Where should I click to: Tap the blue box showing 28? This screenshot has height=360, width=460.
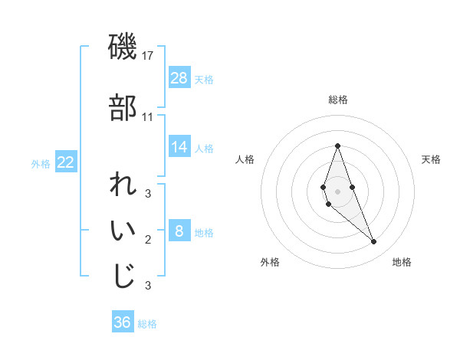tap(179, 77)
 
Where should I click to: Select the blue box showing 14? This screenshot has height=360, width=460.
tap(179, 147)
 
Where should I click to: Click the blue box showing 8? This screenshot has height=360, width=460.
tap(179, 231)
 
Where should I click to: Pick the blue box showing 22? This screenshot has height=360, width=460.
tap(65, 162)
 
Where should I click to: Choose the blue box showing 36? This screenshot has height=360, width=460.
tap(123, 322)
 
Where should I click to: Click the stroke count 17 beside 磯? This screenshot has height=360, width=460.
tap(148, 56)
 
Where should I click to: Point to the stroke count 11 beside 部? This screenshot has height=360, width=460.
tap(148, 117)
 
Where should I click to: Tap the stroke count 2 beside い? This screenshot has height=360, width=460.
tap(148, 240)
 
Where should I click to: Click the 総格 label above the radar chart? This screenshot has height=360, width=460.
tap(338, 100)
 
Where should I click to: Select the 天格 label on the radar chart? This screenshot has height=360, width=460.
tap(432, 159)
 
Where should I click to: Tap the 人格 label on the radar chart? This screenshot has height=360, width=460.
tap(245, 159)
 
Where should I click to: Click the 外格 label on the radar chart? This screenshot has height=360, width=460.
tap(270, 262)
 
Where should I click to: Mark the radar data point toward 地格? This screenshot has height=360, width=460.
tap(374, 241)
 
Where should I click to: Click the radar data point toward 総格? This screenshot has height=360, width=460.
tap(337, 146)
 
